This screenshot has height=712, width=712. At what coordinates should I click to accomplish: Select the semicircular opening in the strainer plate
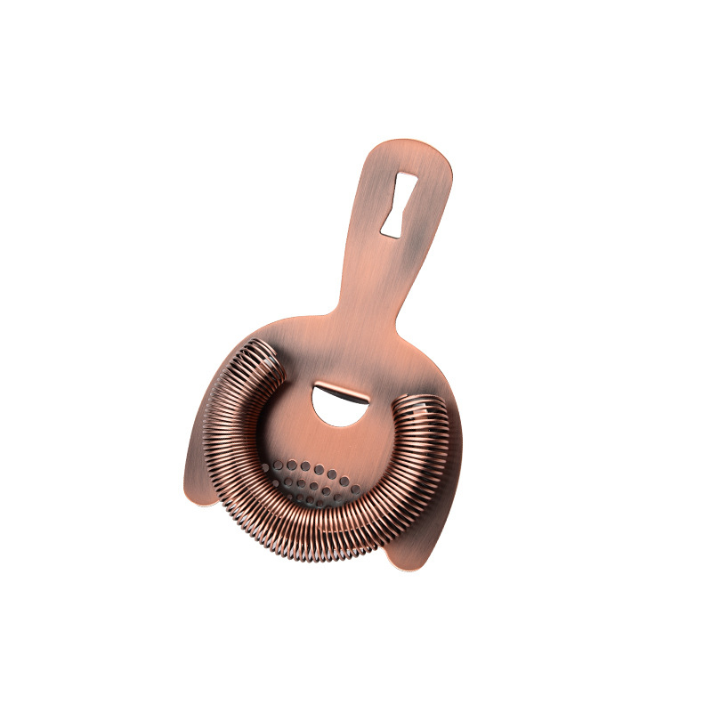tap(342, 402)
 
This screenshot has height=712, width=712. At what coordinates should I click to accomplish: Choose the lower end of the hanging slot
tap(390, 229)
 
